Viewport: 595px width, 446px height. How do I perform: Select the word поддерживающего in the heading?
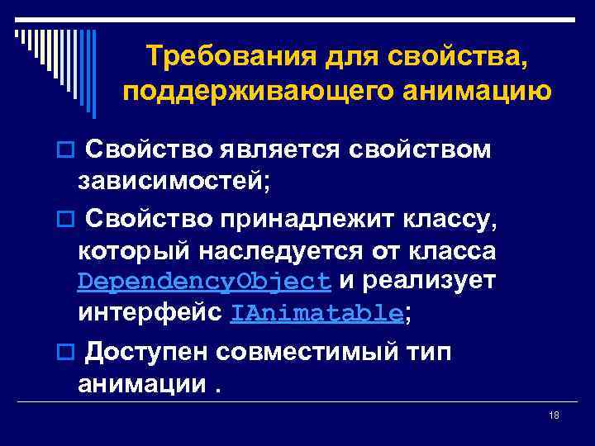tap(243, 91)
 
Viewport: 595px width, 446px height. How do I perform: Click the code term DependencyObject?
tap(204, 281)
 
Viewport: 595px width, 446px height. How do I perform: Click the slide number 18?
tap(554, 415)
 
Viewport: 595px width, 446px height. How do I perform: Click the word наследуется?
tap(299, 249)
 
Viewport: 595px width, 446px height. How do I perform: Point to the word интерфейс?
tap(150, 313)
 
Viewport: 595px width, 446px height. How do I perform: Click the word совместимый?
tap(312, 352)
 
